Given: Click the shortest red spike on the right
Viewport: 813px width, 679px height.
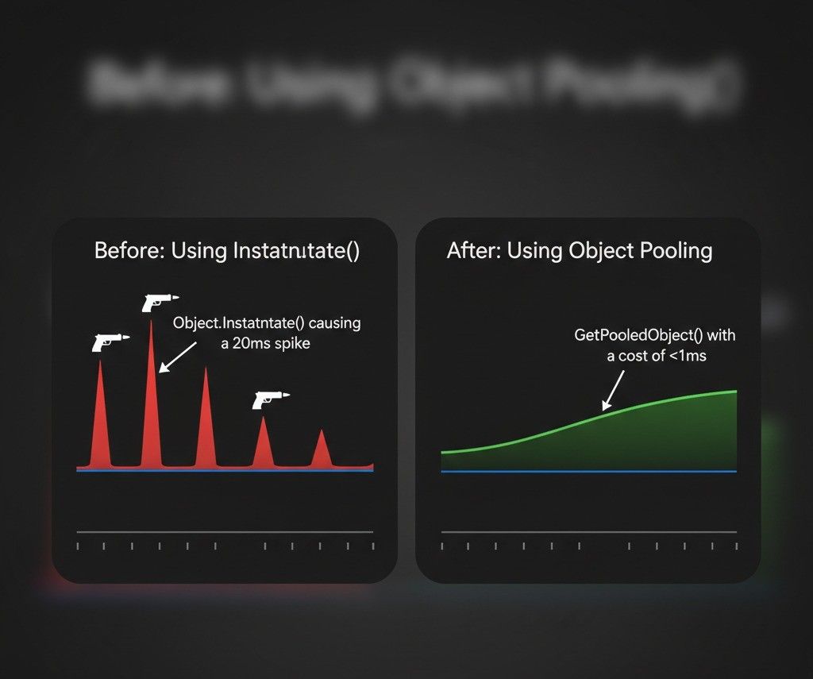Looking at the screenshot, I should (x=321, y=449).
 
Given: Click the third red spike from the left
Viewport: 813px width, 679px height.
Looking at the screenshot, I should (x=206, y=421).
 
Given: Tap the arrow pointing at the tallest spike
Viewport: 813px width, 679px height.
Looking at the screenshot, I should (x=177, y=356).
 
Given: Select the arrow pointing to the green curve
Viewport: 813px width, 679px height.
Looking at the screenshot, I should (x=613, y=390).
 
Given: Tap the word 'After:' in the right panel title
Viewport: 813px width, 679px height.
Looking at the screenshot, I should (x=473, y=252).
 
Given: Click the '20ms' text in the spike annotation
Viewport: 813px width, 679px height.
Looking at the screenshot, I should (x=256, y=344).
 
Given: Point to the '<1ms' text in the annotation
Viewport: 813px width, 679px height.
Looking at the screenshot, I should (x=688, y=356).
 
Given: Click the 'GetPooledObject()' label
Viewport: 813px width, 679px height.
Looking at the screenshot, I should (x=633, y=335).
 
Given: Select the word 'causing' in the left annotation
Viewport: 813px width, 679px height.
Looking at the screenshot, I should (x=334, y=323).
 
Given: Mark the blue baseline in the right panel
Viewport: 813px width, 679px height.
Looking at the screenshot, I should (x=588, y=472).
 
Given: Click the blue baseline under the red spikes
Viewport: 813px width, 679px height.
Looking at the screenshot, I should (x=225, y=470).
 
